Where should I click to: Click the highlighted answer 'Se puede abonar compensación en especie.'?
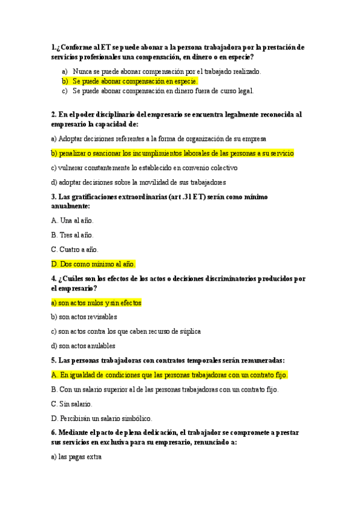(135, 81)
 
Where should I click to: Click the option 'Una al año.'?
(72, 221)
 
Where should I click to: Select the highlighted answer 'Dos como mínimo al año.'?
(94, 264)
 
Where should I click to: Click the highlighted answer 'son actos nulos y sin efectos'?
(96, 303)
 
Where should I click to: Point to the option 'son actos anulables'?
(83, 346)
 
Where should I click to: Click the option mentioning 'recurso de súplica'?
(126, 331)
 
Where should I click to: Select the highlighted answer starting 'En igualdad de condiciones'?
(169, 375)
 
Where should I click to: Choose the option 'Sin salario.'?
(72, 404)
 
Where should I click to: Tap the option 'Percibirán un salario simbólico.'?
(102, 419)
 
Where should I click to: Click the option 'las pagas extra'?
(76, 457)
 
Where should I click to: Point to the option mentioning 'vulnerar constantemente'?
(144, 168)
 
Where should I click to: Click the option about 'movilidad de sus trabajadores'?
(138, 182)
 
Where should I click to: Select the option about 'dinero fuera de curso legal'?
(163, 91)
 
